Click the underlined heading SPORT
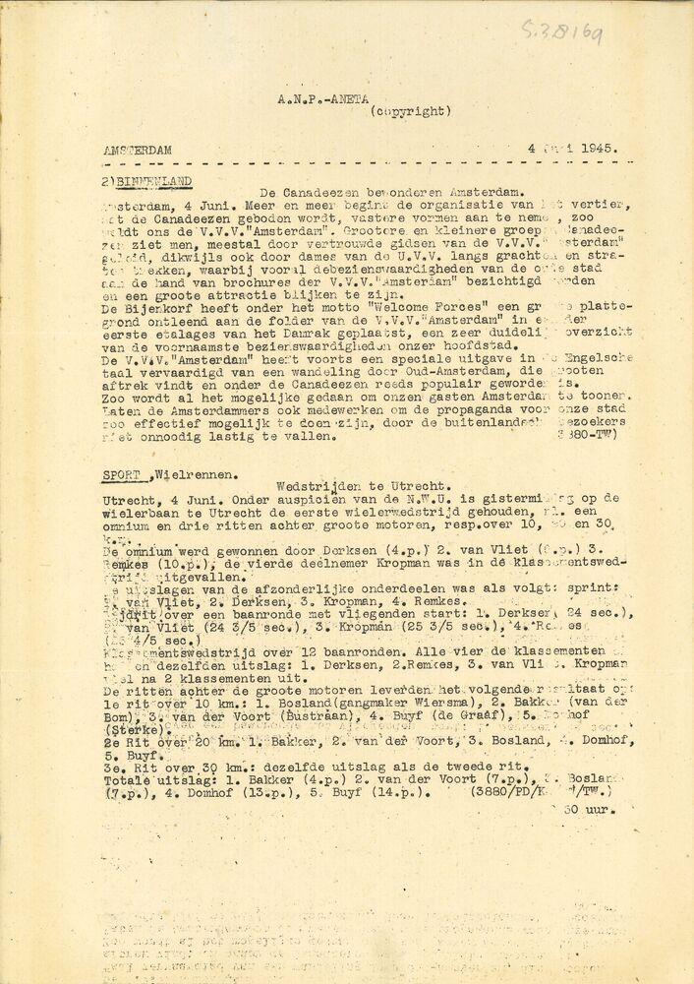(120, 472)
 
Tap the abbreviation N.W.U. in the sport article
(387, 499)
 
